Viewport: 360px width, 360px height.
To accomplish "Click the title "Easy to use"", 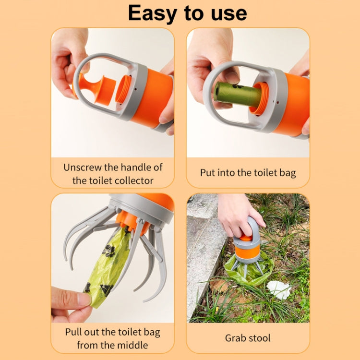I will (x=187, y=13).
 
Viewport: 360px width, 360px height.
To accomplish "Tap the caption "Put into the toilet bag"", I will (x=248, y=173).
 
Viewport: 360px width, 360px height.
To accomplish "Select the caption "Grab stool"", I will (x=248, y=338).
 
